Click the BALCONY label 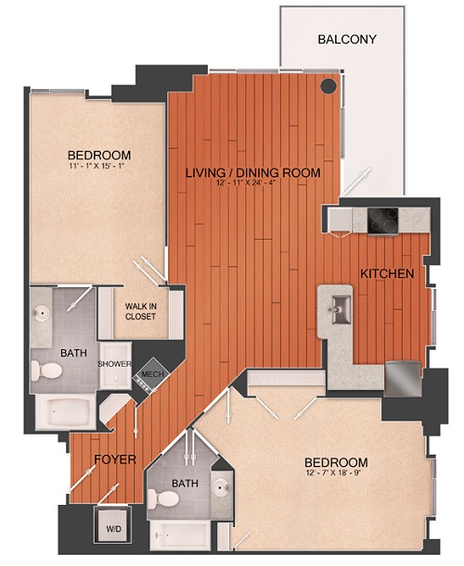[x=346, y=39]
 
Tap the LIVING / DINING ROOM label [x=252, y=173]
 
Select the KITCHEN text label [x=387, y=274]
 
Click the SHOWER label [x=115, y=364]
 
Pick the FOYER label [x=116, y=459]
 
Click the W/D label [x=112, y=530]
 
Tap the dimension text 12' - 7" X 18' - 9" [x=336, y=476]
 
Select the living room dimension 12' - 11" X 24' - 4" [x=252, y=185]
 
